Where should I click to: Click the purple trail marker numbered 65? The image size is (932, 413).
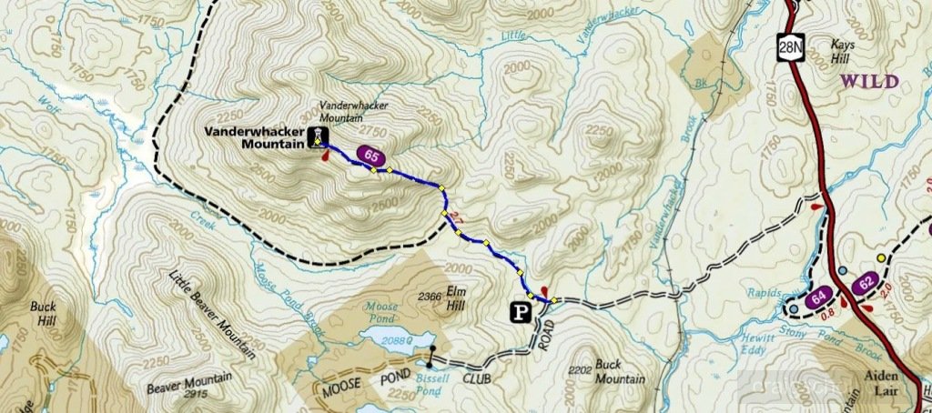click(370, 156)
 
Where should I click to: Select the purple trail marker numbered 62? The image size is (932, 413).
click(866, 283)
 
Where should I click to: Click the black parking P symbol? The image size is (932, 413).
click(520, 312)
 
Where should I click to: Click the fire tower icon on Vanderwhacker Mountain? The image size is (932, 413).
click(317, 136)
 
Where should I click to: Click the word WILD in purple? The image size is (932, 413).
click(868, 82)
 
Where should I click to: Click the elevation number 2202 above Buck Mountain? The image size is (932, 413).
click(579, 370)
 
